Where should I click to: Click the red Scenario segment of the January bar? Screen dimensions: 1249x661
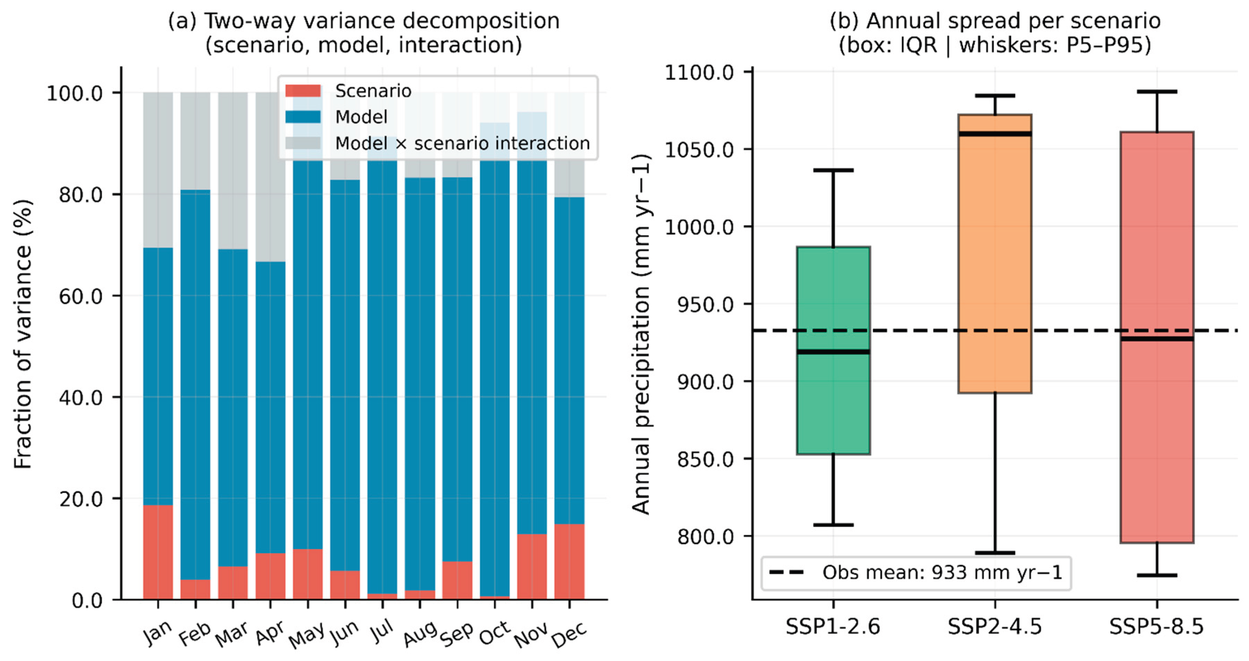[x=158, y=552]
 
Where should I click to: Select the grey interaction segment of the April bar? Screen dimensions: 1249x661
[x=271, y=177]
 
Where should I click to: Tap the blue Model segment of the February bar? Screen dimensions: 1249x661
[x=195, y=385]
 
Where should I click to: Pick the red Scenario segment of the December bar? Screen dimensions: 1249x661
[x=569, y=562]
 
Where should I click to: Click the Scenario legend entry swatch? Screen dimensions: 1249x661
[x=303, y=91]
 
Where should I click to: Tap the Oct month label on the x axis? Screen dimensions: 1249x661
[x=494, y=633]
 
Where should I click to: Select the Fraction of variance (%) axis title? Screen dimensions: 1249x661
[x=23, y=334]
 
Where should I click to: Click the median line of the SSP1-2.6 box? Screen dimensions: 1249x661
[x=833, y=352]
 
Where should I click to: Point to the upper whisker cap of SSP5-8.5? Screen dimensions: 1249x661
[x=1157, y=91]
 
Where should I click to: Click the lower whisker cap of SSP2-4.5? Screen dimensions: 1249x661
[x=995, y=552]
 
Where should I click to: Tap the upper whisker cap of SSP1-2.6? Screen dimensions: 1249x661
[x=833, y=170]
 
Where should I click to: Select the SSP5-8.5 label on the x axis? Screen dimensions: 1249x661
[x=1157, y=627]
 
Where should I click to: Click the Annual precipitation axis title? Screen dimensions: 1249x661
[x=641, y=334]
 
